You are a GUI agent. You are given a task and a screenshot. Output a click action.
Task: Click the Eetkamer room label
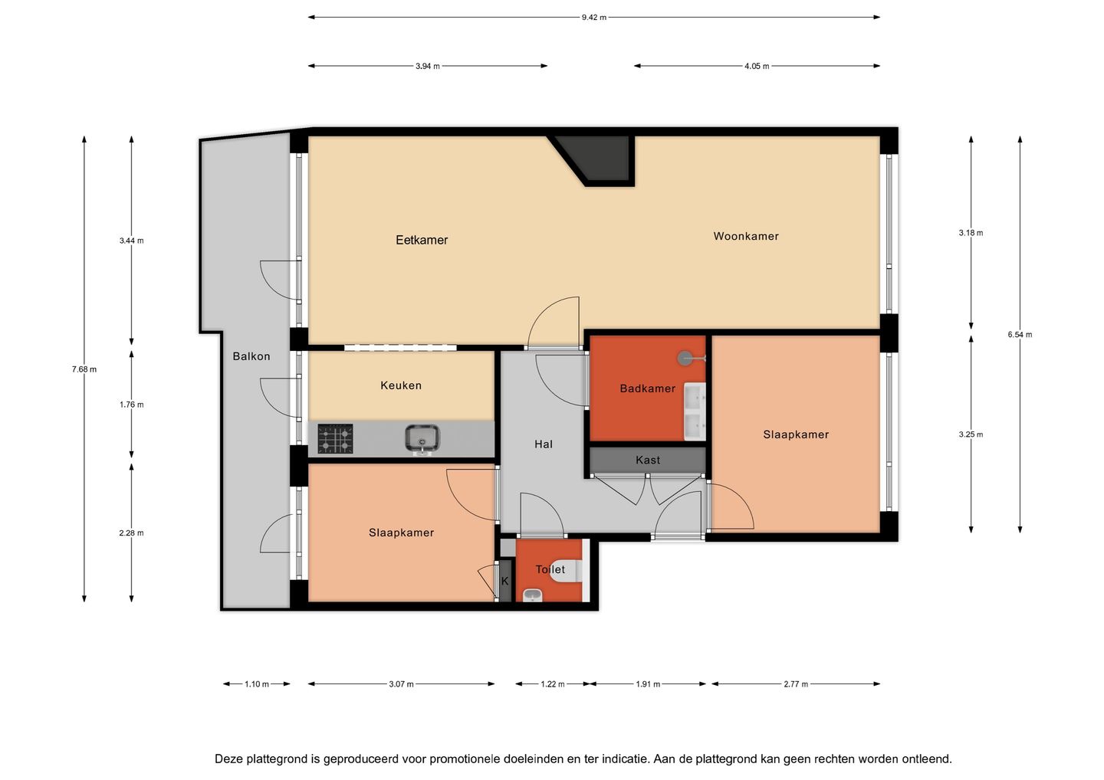422,240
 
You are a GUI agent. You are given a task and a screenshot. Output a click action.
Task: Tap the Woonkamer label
746,236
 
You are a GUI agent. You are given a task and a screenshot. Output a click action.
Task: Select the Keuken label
401,385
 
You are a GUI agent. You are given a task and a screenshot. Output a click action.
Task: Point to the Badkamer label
647,388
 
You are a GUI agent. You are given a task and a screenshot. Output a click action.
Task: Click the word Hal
543,444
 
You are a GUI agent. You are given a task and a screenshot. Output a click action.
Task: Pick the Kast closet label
647,460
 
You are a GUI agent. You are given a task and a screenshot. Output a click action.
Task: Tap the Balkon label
251,356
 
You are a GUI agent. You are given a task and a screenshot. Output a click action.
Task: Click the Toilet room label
550,569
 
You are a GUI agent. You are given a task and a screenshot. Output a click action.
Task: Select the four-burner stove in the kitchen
335,438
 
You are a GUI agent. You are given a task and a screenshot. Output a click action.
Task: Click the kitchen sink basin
422,438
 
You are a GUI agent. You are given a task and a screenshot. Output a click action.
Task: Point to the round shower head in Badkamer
685,358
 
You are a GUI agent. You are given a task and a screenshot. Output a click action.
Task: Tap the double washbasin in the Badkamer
695,411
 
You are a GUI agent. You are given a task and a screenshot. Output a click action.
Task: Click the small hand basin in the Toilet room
532,595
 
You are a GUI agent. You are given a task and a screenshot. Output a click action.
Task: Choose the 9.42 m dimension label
593,17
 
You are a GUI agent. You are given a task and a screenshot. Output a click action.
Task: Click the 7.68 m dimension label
84,369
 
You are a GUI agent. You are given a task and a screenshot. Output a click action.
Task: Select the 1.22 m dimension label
553,684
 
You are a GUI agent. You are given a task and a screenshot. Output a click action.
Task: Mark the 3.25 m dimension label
971,434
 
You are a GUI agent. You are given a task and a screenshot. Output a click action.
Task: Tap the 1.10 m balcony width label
257,684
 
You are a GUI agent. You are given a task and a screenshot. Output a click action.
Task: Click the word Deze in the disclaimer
228,759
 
